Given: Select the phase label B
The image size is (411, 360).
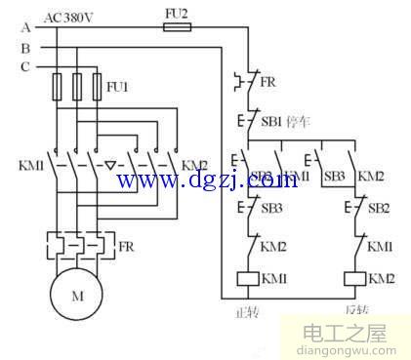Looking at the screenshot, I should pyautogui.click(x=25, y=46).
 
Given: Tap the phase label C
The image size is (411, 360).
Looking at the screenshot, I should pyautogui.click(x=25, y=66).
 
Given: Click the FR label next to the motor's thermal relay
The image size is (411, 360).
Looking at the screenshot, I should pyautogui.click(x=126, y=248).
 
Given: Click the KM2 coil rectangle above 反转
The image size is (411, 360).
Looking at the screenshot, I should pyautogui.click(x=355, y=279).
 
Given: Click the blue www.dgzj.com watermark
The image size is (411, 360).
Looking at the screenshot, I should pyautogui.click(x=207, y=180).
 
